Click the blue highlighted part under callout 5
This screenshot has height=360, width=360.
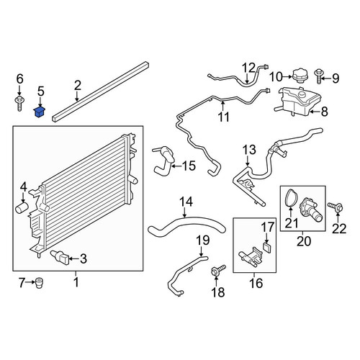pos(39,112)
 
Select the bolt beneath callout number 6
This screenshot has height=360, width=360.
pos(19,104)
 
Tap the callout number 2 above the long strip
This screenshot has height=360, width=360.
pos(78,86)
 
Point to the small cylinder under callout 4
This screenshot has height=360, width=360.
pos(22,207)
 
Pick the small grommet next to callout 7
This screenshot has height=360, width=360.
pos(39,283)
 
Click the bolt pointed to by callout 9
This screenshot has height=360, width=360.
pos(319,76)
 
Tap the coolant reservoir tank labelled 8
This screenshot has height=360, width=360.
pos(297,102)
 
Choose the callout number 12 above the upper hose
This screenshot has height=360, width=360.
pos(248,68)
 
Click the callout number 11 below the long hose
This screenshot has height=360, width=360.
pos(224,117)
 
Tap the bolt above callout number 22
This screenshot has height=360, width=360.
pos(336,207)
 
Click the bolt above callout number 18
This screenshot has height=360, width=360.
pos(217,270)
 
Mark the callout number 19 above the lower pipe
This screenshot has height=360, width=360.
pos(203,240)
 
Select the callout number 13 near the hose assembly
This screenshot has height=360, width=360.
pos(249,150)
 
